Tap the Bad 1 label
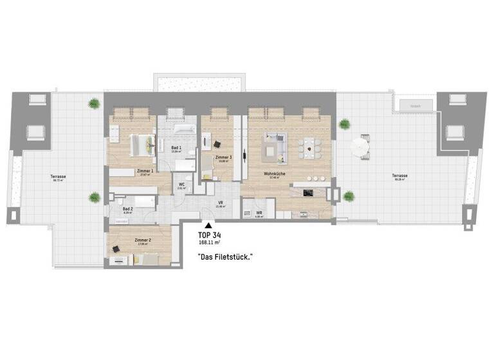(x=175, y=147)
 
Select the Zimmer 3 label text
(x=223, y=157)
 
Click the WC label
(x=182, y=184)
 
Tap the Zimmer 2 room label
(x=143, y=240)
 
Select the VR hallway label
(x=219, y=203)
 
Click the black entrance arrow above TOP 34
(x=207, y=225)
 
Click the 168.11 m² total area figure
(x=210, y=244)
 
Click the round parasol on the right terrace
(x=359, y=148)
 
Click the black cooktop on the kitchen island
(x=308, y=192)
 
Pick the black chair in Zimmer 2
(x=118, y=248)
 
